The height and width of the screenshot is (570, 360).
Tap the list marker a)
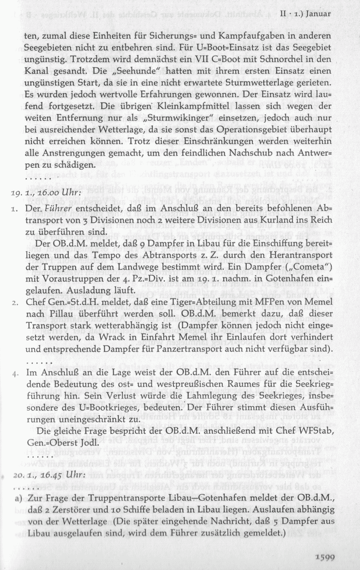tap(18, 498)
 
